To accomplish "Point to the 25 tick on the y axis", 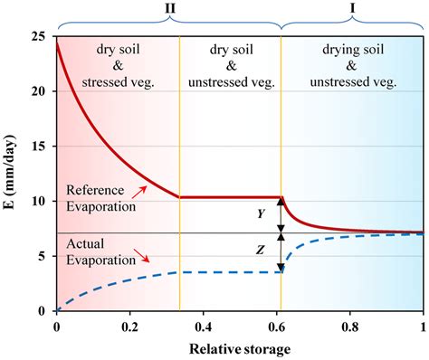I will point(39,36).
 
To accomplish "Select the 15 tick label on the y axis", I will point(39,147).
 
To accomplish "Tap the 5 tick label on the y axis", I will point(43,256).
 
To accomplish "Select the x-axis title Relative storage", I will point(240,347).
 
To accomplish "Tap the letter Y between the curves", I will point(260,214).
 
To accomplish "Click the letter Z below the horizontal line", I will point(260,252).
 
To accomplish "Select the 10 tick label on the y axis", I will point(39,201).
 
